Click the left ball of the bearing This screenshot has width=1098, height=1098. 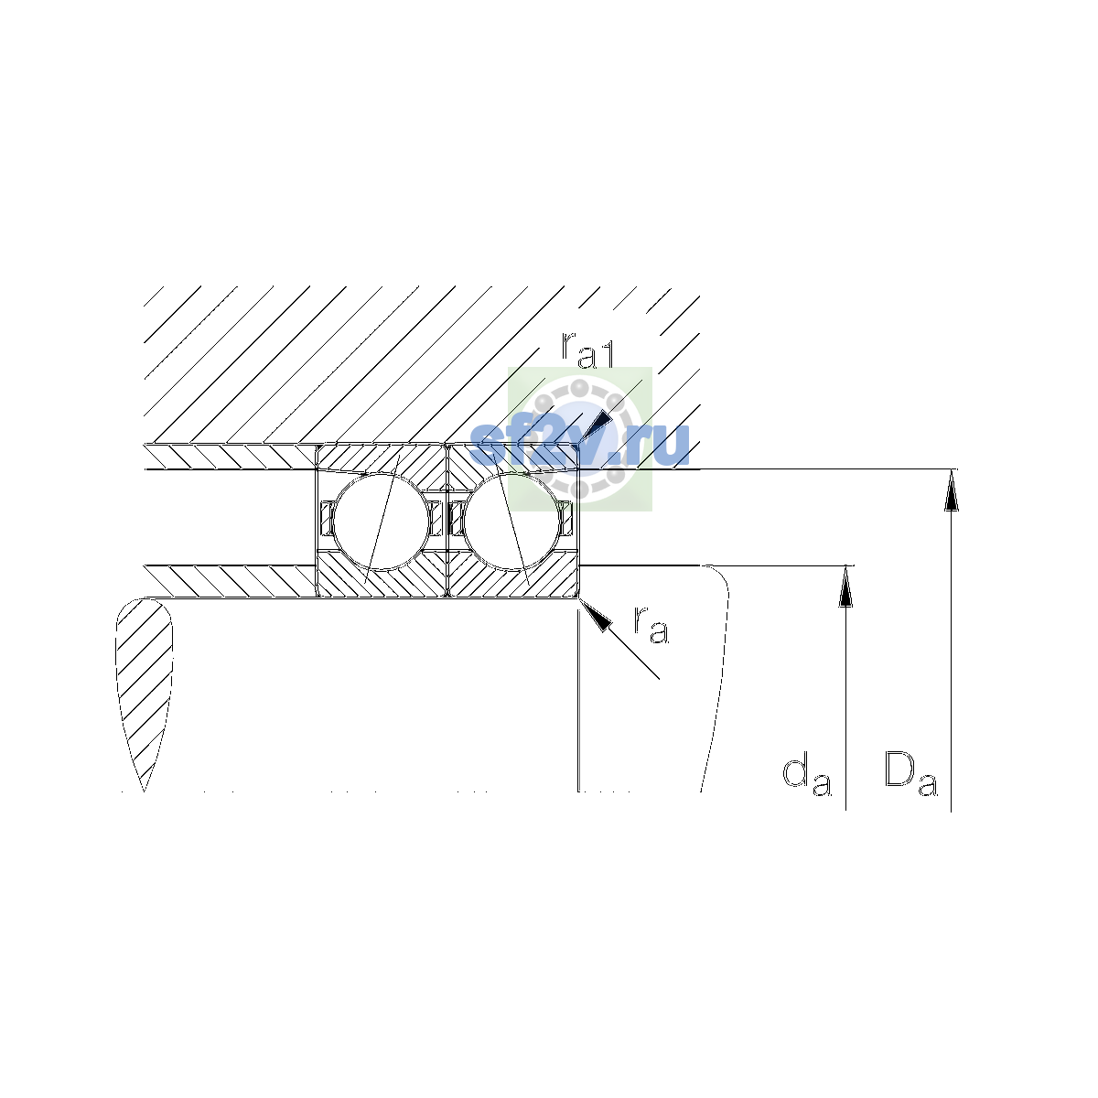pos(381,521)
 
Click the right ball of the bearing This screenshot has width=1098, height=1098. pos(511,521)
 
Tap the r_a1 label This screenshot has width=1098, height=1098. pos(587,350)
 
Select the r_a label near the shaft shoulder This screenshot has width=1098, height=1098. pos(651,626)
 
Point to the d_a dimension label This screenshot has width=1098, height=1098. pos(807,777)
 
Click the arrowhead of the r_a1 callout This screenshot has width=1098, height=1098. pos(596,430)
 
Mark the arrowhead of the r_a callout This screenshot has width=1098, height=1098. pos(595,616)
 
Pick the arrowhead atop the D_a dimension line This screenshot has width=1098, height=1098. pos(951,490)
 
